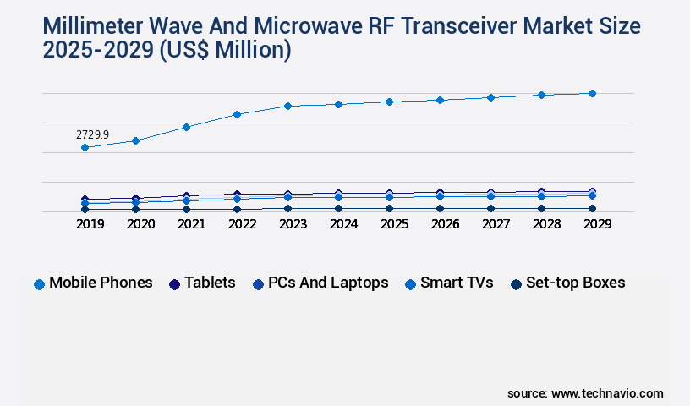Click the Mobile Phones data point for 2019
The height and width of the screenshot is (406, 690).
[x=85, y=147]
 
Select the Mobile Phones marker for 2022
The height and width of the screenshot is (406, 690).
[x=237, y=114]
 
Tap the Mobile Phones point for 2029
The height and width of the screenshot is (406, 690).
[x=592, y=93]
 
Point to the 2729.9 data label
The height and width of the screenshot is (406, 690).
[x=92, y=134]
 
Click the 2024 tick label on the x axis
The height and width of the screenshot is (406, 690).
[x=343, y=224]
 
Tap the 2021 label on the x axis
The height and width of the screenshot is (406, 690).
[x=191, y=224]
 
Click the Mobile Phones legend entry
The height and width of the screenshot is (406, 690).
[x=93, y=283]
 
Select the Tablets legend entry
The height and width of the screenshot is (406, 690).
[x=202, y=283]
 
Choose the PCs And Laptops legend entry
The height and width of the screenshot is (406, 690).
[x=320, y=283]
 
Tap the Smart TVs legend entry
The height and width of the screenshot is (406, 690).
[x=449, y=283]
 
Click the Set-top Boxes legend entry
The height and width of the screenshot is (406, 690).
[x=567, y=283]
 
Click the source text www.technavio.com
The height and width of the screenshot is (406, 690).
[x=606, y=393]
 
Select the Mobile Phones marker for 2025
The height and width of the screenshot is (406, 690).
[x=389, y=101]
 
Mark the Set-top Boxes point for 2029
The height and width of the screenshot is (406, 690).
[x=592, y=208]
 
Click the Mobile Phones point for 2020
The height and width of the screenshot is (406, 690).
[x=135, y=140]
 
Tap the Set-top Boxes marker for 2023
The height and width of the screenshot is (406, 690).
[x=287, y=208]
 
